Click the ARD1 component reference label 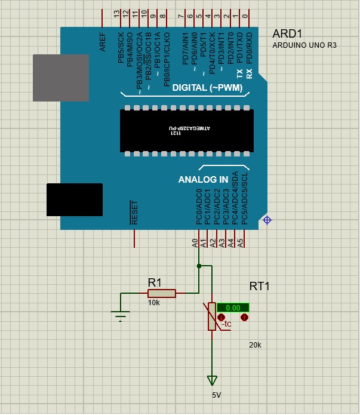[287, 33]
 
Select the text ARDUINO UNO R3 [304, 45]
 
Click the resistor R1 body [161, 293]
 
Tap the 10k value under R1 [154, 303]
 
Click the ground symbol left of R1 [121, 315]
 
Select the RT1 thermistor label [260, 287]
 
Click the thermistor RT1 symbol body [211, 316]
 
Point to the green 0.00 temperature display [233, 308]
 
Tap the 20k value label [256, 345]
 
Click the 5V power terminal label [217, 395]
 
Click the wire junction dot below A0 [199, 266]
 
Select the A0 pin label [195, 242]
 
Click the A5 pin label [241, 242]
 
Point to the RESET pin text [134, 212]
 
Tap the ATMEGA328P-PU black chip [186, 130]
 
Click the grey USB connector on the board [60, 78]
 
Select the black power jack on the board [75, 199]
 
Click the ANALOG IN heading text [203, 179]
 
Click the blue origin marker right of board [267, 220]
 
